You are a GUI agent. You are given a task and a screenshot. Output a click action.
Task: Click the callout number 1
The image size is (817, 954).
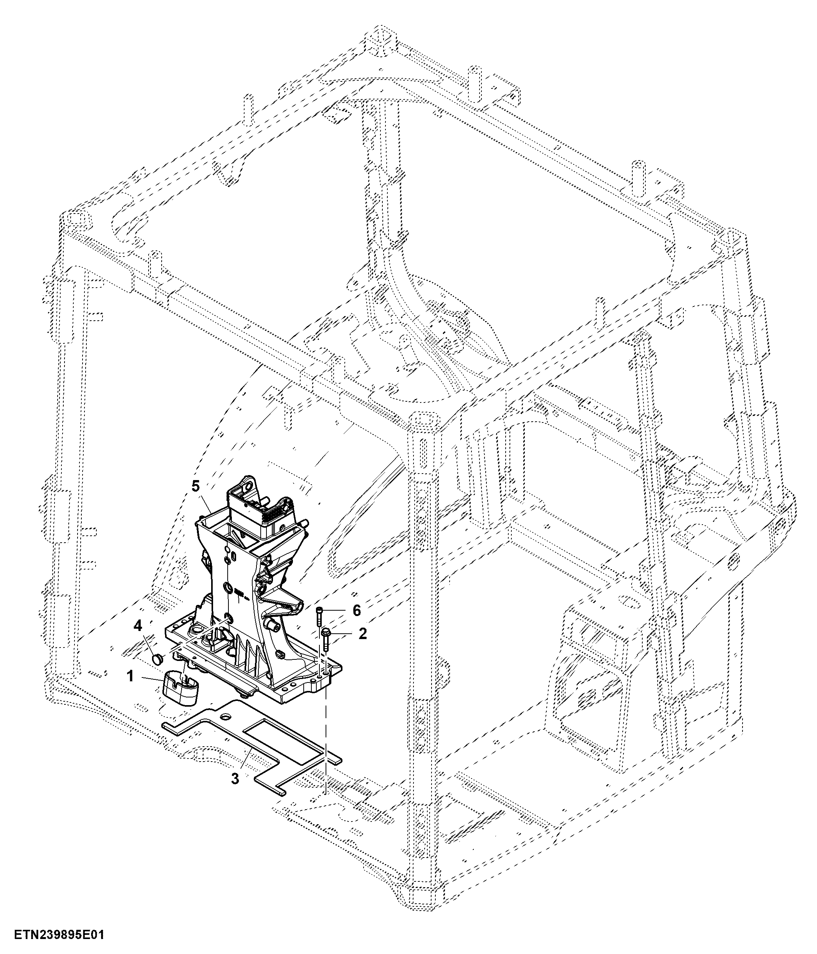click(x=130, y=676)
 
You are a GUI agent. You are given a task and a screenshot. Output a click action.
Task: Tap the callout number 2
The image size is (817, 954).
click(x=363, y=634)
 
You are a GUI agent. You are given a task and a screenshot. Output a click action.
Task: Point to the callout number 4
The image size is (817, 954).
click(x=137, y=627)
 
